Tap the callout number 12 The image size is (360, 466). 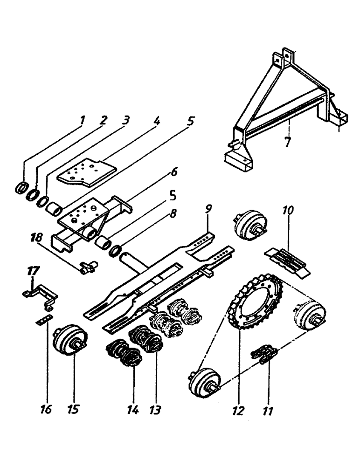click(238, 410)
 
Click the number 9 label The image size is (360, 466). click(208, 216)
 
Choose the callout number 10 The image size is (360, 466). click(288, 211)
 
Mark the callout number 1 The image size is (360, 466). click(82, 120)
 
